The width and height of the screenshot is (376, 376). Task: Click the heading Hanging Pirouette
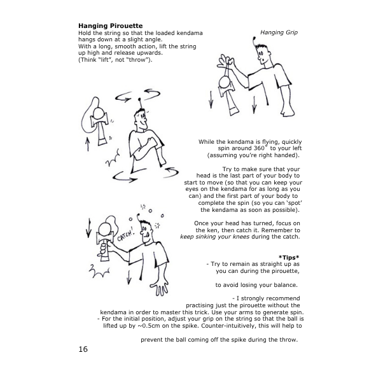click(111, 26)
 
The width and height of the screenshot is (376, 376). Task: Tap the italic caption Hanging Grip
click(279, 32)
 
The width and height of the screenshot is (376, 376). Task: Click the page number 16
click(83, 349)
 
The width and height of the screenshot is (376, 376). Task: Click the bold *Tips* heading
click(289, 257)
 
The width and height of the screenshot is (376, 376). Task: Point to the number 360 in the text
click(259, 148)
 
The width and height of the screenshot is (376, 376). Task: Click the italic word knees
click(242, 237)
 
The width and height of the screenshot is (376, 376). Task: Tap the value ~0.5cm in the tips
click(147, 326)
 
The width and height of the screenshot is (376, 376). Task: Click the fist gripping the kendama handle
click(103, 250)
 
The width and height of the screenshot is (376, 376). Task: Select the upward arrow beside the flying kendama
click(88, 144)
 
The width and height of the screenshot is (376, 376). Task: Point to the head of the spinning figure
click(141, 118)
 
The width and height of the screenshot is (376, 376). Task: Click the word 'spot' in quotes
click(294, 203)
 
